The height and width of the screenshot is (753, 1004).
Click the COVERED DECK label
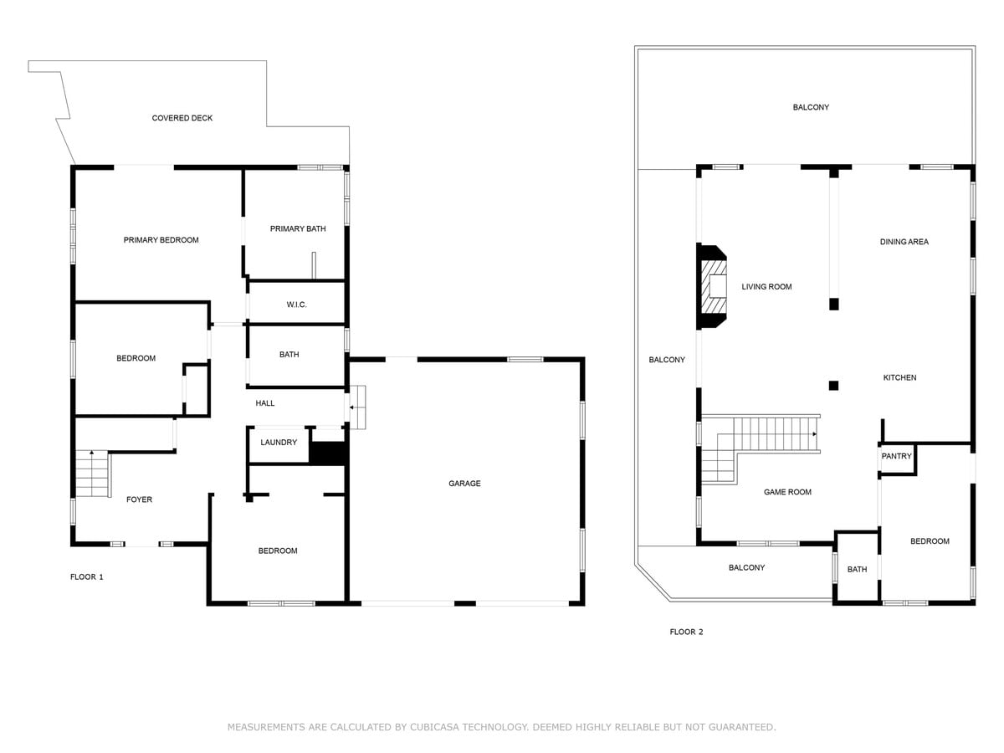[x=182, y=118]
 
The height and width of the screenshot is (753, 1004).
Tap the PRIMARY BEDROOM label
[x=161, y=240]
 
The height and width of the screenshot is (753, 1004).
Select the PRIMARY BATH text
[x=298, y=228]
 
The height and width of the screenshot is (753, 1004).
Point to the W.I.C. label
[x=296, y=305]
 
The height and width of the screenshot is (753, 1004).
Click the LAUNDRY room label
[x=279, y=442]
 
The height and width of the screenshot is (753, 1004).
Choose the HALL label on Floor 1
[x=265, y=403]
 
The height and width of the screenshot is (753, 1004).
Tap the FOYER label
[x=139, y=499]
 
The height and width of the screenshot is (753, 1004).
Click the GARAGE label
[x=464, y=484]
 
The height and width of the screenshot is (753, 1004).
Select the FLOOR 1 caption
[x=86, y=577]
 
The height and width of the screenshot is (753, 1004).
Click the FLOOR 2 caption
[x=686, y=632]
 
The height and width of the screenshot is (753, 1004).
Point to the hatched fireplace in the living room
[x=711, y=287]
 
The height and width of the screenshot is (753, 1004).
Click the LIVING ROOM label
[x=766, y=287]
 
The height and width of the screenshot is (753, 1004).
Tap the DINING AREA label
[x=904, y=242]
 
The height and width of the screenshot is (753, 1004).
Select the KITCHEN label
[x=899, y=377]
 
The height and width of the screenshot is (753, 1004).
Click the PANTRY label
[x=896, y=456]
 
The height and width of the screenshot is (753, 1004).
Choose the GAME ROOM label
[x=787, y=492]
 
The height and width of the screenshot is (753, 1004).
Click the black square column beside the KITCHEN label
[x=833, y=386]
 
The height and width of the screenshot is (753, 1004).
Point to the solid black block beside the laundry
[x=327, y=453]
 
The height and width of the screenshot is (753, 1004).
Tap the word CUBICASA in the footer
[x=433, y=727]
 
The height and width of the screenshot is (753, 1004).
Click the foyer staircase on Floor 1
[x=93, y=474]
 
